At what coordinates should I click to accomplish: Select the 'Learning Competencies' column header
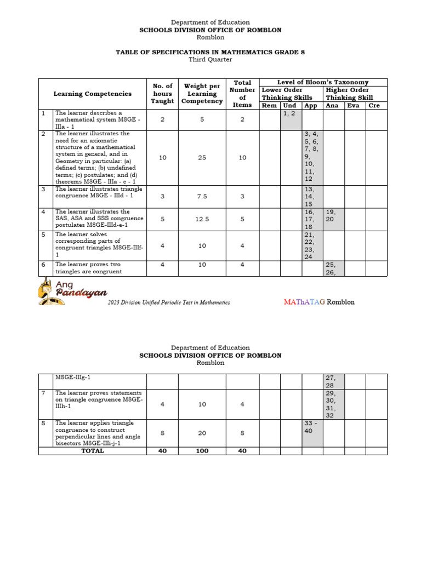tap(92, 94)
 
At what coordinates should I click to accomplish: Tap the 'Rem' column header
tap(269, 106)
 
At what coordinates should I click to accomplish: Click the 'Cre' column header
tap(374, 106)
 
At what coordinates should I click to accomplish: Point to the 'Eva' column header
tap(354, 106)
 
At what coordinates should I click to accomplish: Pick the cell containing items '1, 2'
tap(291, 119)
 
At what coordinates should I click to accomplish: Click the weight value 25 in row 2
tap(202, 158)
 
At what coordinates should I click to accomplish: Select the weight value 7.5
tap(202, 197)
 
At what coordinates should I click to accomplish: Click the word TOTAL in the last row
tap(92, 451)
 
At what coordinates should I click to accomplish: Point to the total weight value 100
tap(202, 451)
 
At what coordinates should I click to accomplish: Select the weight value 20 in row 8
tap(202, 433)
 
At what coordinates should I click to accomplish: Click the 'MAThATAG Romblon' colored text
tap(319, 302)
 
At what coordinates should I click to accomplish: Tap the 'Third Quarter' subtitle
tap(210, 59)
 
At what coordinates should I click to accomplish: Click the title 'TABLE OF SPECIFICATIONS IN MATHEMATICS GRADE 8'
tap(210, 52)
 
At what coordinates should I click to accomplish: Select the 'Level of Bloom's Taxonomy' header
tap(323, 82)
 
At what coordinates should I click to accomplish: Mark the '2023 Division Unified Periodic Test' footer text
tap(168, 302)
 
